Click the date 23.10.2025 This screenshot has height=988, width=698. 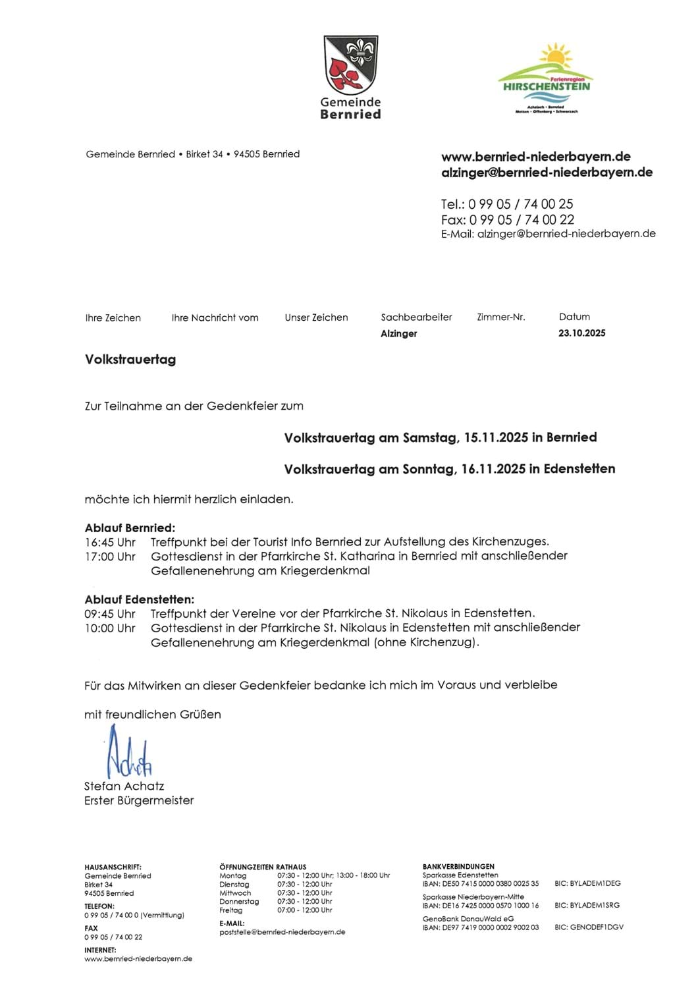click(x=581, y=333)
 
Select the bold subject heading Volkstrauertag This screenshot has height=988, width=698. click(x=130, y=360)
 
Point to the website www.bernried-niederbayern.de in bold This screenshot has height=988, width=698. click(x=535, y=157)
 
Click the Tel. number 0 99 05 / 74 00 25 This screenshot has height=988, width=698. click(x=520, y=204)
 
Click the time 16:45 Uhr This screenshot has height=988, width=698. click(x=110, y=542)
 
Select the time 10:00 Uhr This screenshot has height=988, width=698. click(x=110, y=628)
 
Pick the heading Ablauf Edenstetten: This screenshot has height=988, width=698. click(x=140, y=599)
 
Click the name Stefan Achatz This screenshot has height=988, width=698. click(x=124, y=786)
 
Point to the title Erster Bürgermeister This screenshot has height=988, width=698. click(x=139, y=800)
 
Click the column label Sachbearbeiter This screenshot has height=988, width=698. click(x=416, y=317)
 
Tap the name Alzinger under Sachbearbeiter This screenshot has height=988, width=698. click(x=398, y=334)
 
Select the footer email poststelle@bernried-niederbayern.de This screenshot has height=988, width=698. click(x=282, y=932)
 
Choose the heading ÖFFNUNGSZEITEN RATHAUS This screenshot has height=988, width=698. click(x=263, y=867)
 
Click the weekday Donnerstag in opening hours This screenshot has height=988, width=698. click(x=239, y=901)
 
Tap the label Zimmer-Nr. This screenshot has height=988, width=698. click(x=501, y=317)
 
